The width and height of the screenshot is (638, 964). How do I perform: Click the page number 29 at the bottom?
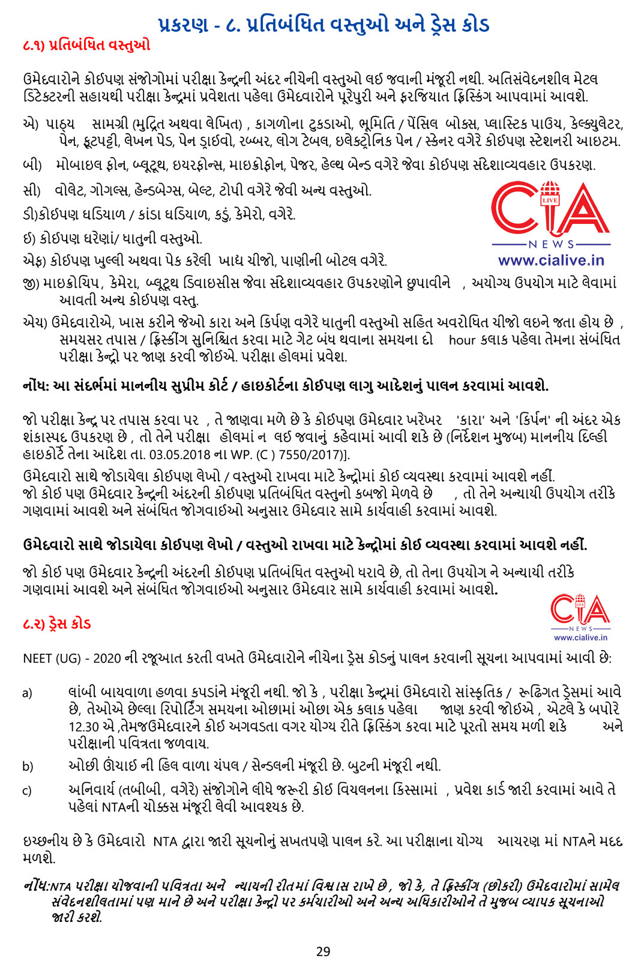pyautogui.click(x=324, y=951)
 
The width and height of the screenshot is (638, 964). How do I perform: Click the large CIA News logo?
pyautogui.click(x=550, y=214)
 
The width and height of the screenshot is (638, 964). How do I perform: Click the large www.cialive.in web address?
pyautogui.click(x=550, y=261)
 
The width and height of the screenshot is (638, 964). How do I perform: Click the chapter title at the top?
pyautogui.click(x=324, y=25)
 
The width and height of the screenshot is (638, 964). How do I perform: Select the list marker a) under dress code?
pyautogui.click(x=28, y=693)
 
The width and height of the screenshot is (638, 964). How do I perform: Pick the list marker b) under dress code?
pyautogui.click(x=28, y=767)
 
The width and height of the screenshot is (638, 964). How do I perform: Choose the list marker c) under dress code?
pyautogui.click(x=28, y=791)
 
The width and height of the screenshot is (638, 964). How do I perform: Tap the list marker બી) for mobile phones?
pyautogui.click(x=32, y=165)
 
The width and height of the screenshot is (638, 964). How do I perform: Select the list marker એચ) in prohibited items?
pyautogui.click(x=35, y=323)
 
